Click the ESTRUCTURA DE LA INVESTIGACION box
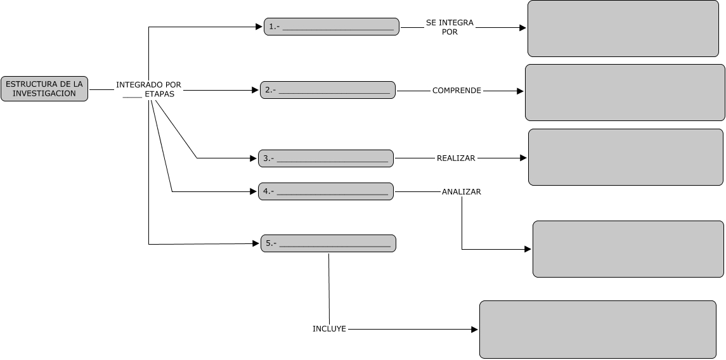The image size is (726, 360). click(x=44, y=89)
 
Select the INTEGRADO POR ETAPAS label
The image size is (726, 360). click(x=149, y=89)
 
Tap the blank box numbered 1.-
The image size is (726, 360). click(x=332, y=27)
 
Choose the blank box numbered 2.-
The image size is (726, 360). click(x=328, y=90)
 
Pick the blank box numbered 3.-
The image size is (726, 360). click(x=326, y=158)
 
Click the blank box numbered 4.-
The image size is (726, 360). click(x=326, y=191)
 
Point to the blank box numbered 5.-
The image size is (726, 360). click(x=328, y=243)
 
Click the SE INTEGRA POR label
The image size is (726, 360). click(x=450, y=27)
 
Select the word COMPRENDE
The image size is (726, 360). click(x=457, y=91)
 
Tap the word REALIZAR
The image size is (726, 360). click(x=456, y=158)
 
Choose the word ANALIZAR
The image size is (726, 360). click(x=461, y=191)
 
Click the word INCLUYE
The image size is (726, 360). click(x=329, y=329)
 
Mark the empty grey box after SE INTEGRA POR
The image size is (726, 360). click(x=623, y=29)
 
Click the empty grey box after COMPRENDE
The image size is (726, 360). click(x=625, y=93)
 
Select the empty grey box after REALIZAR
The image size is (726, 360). click(x=625, y=157)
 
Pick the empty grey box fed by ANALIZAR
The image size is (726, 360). click(x=628, y=249)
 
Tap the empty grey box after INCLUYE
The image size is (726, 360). click(x=597, y=330)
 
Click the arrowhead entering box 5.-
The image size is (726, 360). click(x=257, y=243)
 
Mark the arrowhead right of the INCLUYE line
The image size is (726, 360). click(x=475, y=330)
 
